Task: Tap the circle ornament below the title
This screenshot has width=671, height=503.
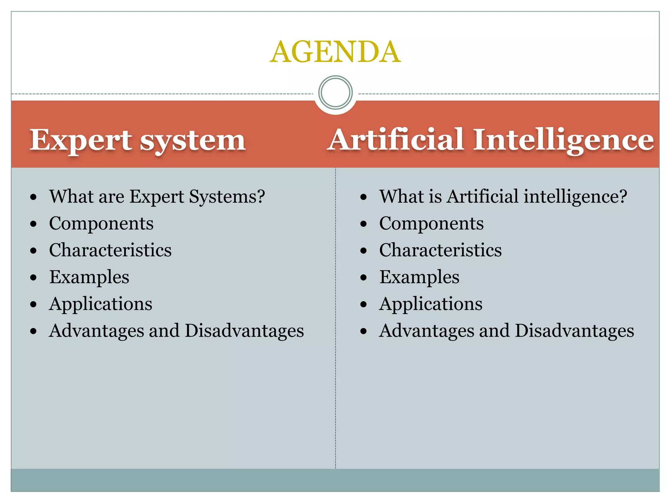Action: pos(335,92)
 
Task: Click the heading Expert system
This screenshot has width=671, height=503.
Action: pos(138,140)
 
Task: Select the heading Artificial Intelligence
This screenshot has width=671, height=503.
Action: pos(490,140)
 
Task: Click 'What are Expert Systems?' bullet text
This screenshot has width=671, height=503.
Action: pos(157,197)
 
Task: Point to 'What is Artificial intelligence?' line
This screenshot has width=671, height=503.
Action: pos(503,197)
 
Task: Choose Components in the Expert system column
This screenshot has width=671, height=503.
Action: pos(101,224)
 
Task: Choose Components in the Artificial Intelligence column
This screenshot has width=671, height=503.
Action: pos(431,224)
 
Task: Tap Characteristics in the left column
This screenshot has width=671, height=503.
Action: pos(110,251)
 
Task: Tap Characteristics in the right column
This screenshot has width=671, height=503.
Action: pos(440,251)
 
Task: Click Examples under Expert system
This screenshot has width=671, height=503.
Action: pos(89,277)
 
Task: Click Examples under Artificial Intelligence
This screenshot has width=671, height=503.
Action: pos(419,277)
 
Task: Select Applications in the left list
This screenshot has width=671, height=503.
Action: pos(101,304)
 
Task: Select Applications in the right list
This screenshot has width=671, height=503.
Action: pos(431,304)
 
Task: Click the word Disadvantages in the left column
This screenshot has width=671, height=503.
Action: pos(244,331)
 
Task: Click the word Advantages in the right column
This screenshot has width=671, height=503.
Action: pos(427,331)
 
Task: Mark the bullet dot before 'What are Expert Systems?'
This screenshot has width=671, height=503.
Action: pos(33,197)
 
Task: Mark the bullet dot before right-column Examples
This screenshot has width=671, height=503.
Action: pos(363,278)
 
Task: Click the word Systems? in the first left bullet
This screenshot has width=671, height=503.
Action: pos(227,197)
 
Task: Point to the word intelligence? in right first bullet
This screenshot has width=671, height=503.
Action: pos(575,197)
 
